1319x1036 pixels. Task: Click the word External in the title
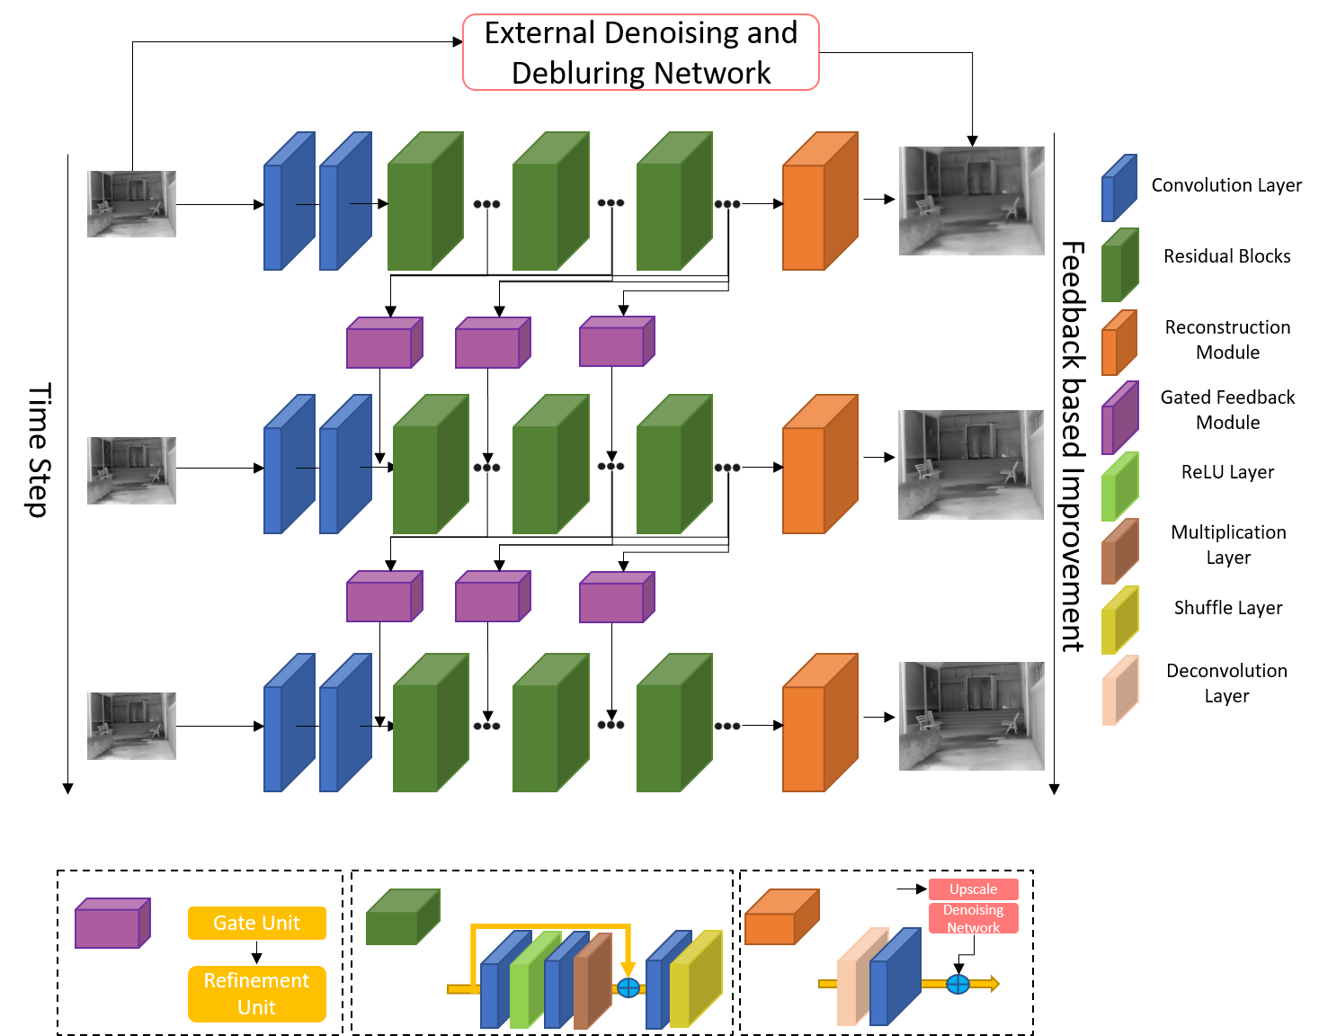539,33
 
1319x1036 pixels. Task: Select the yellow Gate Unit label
256,924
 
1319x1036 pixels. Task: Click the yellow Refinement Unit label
256,994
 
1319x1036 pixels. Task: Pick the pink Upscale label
973,889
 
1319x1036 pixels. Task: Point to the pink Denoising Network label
973,918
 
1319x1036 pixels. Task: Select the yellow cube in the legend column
1119,621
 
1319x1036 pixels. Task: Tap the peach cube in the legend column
1119,691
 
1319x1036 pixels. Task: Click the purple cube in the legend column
1119,419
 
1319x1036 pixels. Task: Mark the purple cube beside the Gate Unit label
111,924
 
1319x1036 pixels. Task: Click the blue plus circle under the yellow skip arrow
628,987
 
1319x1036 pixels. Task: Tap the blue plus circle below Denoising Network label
958,984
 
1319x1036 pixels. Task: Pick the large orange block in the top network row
818,205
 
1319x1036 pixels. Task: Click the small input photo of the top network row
131,204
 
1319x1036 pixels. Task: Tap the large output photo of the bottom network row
971,717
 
